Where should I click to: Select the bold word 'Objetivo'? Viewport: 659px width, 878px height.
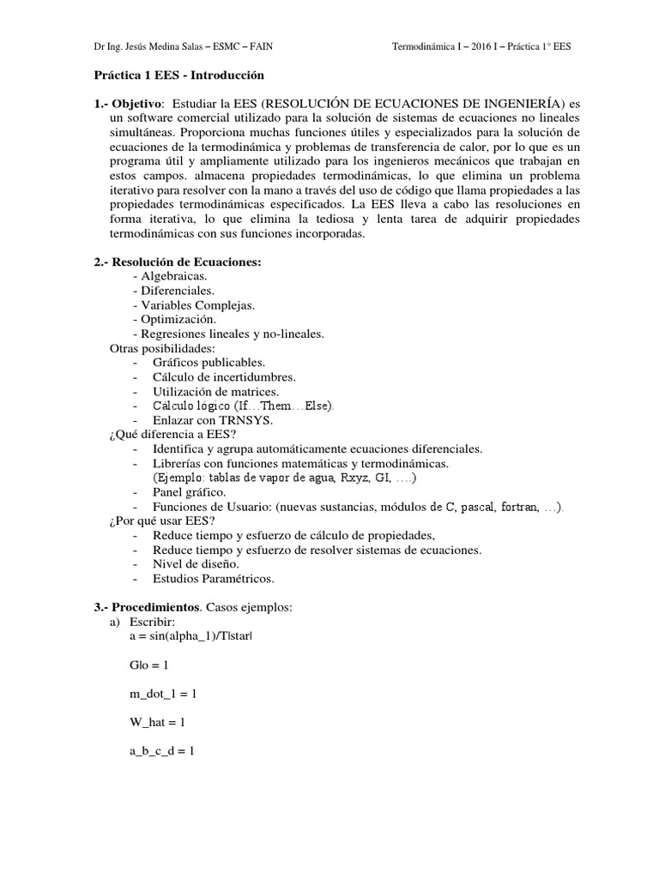[x=137, y=104]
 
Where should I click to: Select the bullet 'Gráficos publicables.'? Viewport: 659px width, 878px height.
[x=209, y=362]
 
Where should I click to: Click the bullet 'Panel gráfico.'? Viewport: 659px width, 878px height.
[x=190, y=492]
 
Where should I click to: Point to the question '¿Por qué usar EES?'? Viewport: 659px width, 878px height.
[x=161, y=520]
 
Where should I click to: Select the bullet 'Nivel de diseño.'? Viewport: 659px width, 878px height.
[x=196, y=564]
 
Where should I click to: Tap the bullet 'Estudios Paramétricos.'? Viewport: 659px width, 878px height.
[x=213, y=579]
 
